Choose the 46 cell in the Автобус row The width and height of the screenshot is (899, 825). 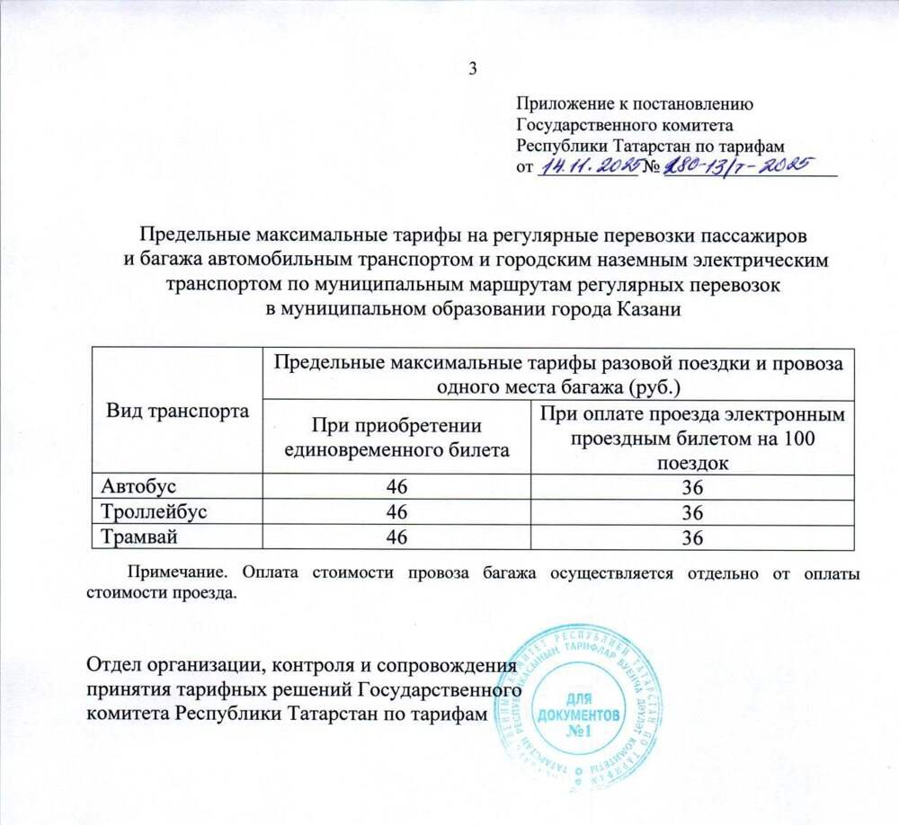[396, 486]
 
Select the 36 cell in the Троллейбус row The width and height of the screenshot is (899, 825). [690, 512]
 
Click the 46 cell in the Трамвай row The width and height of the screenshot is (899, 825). [396, 538]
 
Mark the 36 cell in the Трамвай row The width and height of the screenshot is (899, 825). [690, 538]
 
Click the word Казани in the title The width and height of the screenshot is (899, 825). [642, 310]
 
